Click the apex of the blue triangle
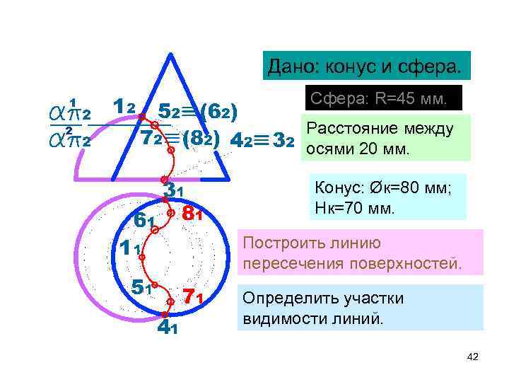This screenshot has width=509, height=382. pyautogui.click(x=170, y=54)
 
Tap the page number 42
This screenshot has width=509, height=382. pyautogui.click(x=473, y=357)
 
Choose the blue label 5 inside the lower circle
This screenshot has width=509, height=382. pyautogui.click(x=138, y=286)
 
